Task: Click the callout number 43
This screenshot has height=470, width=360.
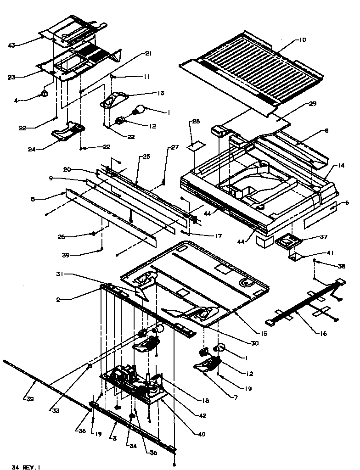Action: (x=11, y=45)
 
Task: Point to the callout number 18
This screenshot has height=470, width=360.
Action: (x=205, y=401)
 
